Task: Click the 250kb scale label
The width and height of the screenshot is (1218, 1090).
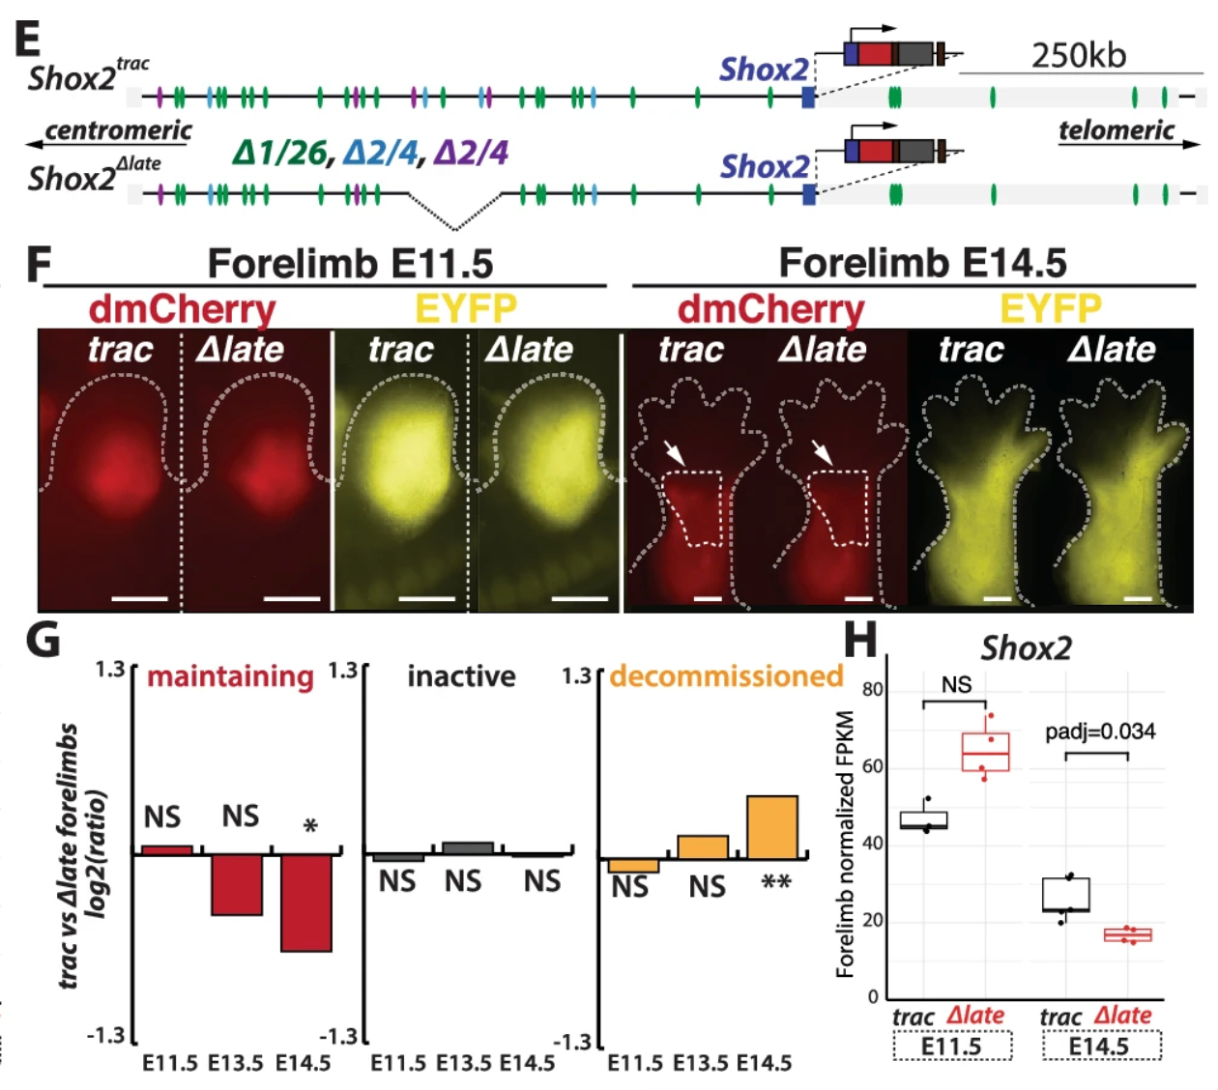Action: point(1078,55)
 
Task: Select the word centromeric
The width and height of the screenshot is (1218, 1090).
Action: point(118,130)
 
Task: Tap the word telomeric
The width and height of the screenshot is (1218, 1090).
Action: point(1116,130)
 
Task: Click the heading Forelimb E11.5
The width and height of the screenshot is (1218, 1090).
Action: point(350,263)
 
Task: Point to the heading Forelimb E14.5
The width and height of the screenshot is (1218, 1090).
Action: point(922,263)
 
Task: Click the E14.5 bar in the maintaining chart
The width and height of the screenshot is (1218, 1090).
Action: point(306,903)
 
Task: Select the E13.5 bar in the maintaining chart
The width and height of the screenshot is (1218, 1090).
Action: point(237,884)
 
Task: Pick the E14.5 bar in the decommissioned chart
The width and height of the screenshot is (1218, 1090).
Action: point(772,827)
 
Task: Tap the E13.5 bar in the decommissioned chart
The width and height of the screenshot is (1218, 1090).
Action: point(703,847)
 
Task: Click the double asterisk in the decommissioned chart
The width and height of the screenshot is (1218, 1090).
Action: point(776,883)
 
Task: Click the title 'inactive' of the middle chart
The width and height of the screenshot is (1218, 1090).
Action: point(461,676)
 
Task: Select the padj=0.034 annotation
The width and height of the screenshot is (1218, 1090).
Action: point(1100,731)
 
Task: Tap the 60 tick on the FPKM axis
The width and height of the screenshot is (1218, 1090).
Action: point(872,766)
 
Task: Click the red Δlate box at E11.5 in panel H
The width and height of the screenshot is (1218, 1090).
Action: point(985,752)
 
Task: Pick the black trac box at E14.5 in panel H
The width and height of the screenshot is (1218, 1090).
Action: point(1066,895)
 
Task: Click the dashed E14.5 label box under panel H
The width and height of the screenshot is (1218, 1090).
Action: point(1101,1047)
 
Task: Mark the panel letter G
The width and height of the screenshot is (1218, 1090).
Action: point(43,641)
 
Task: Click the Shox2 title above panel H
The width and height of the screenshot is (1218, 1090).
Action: point(1026,647)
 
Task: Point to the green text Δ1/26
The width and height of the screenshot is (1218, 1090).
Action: point(279,152)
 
